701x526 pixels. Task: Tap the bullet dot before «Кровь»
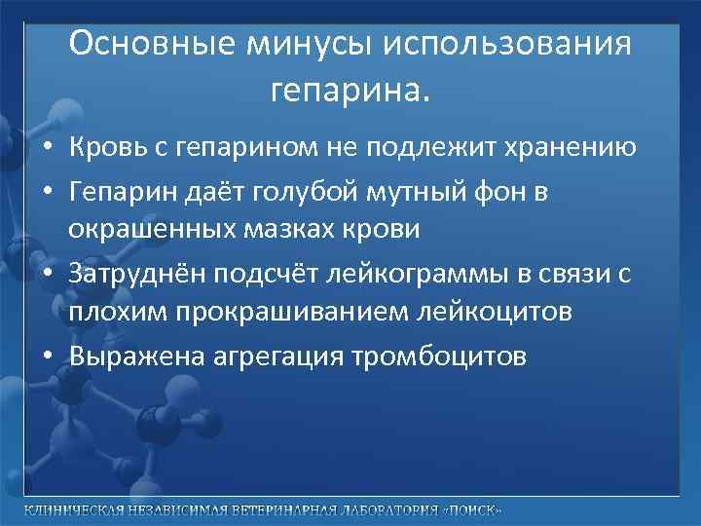[x=48, y=149]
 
